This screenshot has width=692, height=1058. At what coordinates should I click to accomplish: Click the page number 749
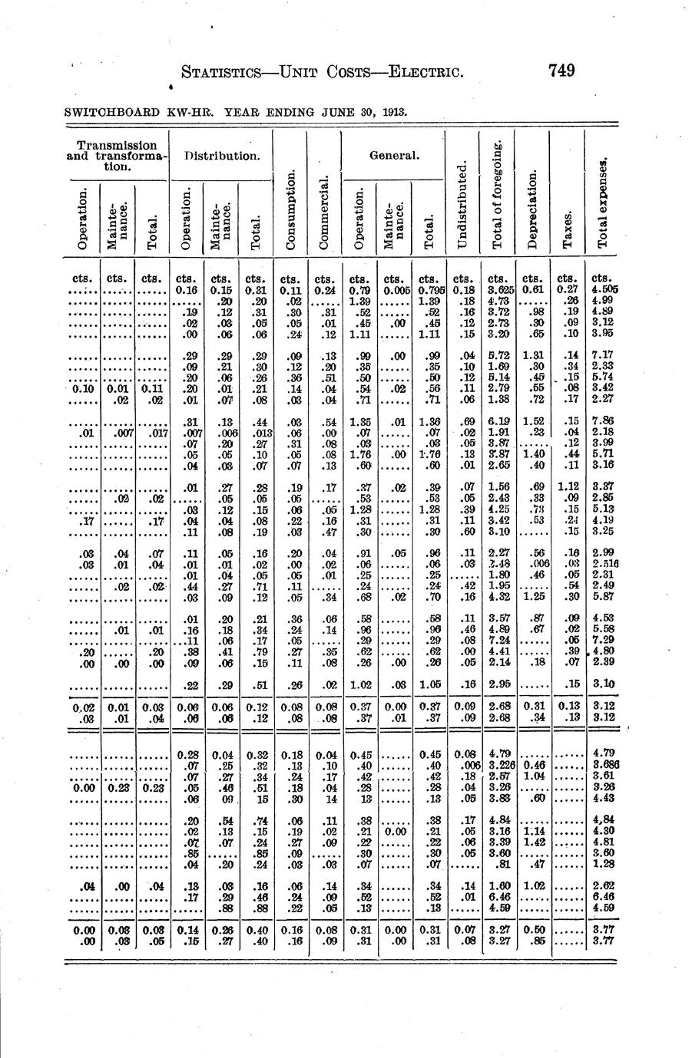[561, 71]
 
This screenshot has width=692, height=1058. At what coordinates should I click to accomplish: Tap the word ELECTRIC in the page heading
[425, 74]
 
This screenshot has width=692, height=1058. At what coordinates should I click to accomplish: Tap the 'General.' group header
[392, 156]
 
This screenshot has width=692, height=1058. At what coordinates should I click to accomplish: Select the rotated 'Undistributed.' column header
[461, 204]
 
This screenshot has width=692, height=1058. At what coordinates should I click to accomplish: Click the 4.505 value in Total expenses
[604, 290]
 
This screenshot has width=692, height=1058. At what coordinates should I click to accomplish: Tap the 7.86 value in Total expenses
[602, 421]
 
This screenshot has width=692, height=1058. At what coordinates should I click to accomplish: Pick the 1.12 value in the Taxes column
[568, 486]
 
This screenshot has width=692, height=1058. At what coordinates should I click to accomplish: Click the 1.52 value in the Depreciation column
[532, 421]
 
